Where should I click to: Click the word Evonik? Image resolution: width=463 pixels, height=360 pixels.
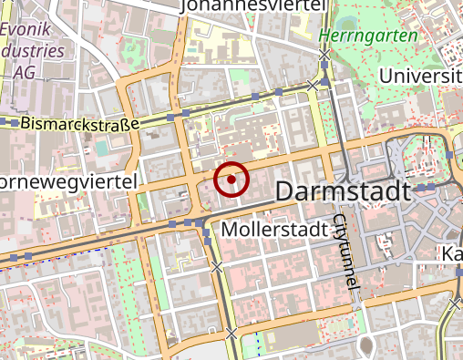(28, 30)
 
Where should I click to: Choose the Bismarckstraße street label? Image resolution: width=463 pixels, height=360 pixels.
(79, 123)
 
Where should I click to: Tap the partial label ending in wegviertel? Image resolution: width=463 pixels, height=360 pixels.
(68, 182)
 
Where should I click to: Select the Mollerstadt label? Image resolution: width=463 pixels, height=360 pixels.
(273, 228)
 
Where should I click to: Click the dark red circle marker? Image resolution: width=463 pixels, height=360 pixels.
(232, 180)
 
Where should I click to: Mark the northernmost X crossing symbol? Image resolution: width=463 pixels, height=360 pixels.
(324, 56)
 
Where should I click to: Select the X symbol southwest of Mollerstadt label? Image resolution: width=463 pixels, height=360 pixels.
(216, 267)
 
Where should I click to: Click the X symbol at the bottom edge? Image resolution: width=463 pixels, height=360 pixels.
(231, 334)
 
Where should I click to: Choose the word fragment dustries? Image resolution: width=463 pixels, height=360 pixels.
(33, 51)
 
